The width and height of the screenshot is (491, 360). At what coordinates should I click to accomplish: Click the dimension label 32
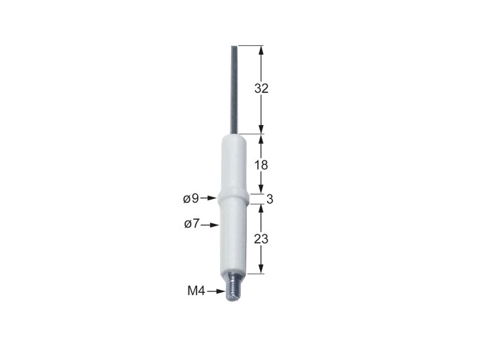coord(261,88)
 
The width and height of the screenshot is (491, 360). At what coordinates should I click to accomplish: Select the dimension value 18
coord(261,165)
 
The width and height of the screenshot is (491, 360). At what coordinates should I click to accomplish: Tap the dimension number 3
coord(270,199)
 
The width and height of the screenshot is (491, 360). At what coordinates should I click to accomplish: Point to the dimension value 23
coord(261,239)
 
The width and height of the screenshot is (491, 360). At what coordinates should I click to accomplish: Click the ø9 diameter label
coord(191,198)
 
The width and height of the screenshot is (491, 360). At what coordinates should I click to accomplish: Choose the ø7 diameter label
coord(192,224)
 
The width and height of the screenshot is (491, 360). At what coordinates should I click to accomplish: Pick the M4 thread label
coord(196,291)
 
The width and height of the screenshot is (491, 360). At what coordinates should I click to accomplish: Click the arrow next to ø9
coord(209,198)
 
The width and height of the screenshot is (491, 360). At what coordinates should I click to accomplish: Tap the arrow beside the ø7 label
coord(209,225)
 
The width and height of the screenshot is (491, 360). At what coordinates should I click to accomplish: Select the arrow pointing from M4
coord(216,291)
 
